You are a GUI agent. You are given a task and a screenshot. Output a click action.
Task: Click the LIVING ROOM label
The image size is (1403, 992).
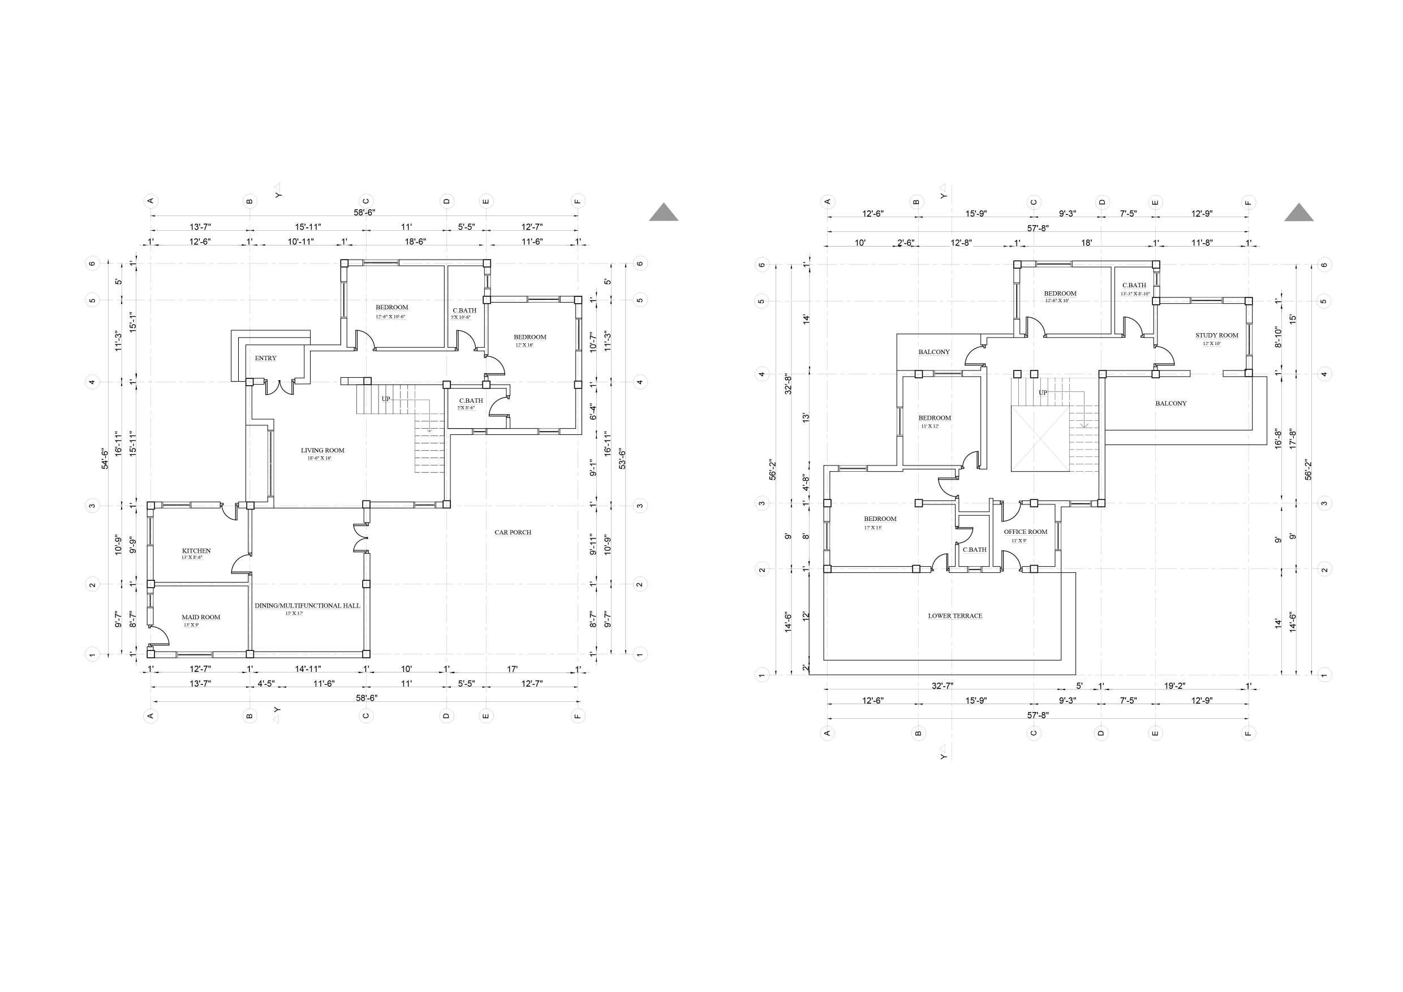[322, 450]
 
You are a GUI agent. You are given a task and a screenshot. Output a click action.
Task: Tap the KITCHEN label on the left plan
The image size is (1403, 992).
[196, 550]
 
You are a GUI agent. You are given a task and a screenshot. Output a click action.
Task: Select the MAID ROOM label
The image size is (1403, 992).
[201, 617]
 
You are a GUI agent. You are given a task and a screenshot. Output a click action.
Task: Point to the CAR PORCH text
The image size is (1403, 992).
[513, 532]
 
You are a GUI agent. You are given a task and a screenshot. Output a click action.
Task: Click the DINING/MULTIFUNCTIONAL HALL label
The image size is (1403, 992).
[307, 605]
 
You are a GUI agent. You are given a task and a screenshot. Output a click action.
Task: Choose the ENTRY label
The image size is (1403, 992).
[266, 358]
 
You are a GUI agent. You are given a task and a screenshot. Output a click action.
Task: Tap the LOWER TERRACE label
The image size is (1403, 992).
[955, 616]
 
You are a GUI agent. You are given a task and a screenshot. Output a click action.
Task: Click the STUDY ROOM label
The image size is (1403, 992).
[1217, 335]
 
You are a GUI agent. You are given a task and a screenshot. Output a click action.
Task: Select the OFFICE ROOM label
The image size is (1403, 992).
[1025, 532]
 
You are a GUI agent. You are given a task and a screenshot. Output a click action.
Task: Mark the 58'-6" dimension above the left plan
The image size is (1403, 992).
[364, 212]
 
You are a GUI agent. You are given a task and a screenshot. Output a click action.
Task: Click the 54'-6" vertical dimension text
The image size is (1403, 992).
[105, 459]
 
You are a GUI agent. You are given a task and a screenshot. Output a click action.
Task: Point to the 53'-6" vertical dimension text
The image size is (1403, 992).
[622, 459]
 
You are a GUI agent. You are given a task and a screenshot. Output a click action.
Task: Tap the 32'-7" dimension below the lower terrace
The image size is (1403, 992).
[942, 686]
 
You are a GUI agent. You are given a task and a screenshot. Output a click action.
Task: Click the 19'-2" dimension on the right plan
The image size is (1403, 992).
[1174, 686]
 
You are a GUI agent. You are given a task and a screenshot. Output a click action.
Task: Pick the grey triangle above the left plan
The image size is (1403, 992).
[664, 212]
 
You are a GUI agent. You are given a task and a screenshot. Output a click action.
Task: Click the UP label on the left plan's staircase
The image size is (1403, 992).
[386, 399]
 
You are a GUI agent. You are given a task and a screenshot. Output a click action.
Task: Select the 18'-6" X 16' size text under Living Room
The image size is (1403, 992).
[319, 458]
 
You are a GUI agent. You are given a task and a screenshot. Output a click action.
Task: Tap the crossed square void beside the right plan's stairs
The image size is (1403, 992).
[1040, 439]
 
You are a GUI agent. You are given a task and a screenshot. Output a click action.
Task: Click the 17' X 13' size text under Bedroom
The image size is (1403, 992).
[872, 527]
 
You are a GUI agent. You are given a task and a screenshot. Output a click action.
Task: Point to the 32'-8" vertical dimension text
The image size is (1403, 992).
[788, 384]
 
